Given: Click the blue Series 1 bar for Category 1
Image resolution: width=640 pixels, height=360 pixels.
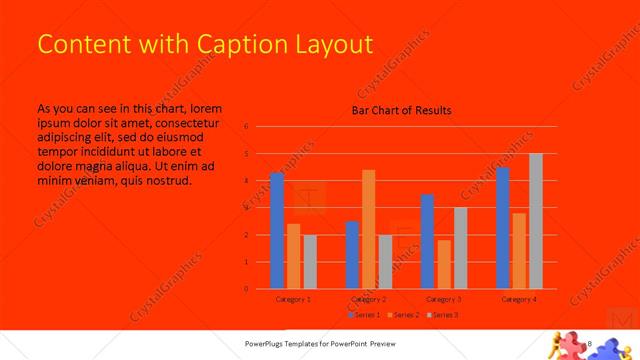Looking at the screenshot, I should [x=277, y=231].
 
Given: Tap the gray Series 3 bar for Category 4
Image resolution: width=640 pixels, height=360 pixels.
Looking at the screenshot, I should [x=536, y=221].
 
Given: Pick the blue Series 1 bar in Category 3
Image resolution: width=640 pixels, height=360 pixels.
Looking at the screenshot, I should [x=428, y=241].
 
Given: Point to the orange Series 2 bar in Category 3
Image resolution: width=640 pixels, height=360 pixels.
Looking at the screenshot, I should [x=444, y=264].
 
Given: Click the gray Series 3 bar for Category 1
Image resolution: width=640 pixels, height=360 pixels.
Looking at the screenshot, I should [x=310, y=262].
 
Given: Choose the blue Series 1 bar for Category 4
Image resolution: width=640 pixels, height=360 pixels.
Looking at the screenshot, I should [x=503, y=228].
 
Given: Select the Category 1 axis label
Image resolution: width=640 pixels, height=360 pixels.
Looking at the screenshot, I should [x=293, y=299].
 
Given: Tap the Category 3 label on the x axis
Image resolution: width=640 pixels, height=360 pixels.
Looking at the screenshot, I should [x=444, y=299].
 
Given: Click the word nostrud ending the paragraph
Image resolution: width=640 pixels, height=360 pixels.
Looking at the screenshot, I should [x=166, y=181].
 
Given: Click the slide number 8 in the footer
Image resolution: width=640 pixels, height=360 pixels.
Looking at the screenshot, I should [x=592, y=343].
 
